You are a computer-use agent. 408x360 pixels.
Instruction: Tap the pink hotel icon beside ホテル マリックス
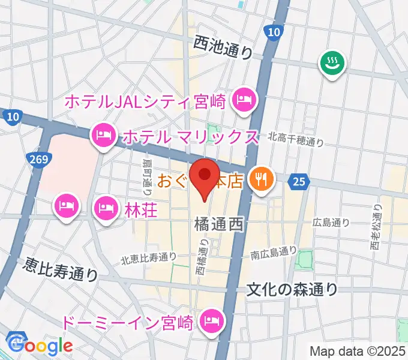point(103,136)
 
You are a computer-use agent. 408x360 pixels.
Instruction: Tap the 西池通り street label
point(223,47)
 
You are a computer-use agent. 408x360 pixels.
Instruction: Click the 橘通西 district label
point(218,225)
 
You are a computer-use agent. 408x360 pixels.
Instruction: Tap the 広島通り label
point(331,223)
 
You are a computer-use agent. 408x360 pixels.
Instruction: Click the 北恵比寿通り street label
point(148,258)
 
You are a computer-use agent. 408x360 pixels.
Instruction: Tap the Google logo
point(40,346)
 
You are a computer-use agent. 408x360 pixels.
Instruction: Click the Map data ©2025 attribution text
point(358,351)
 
